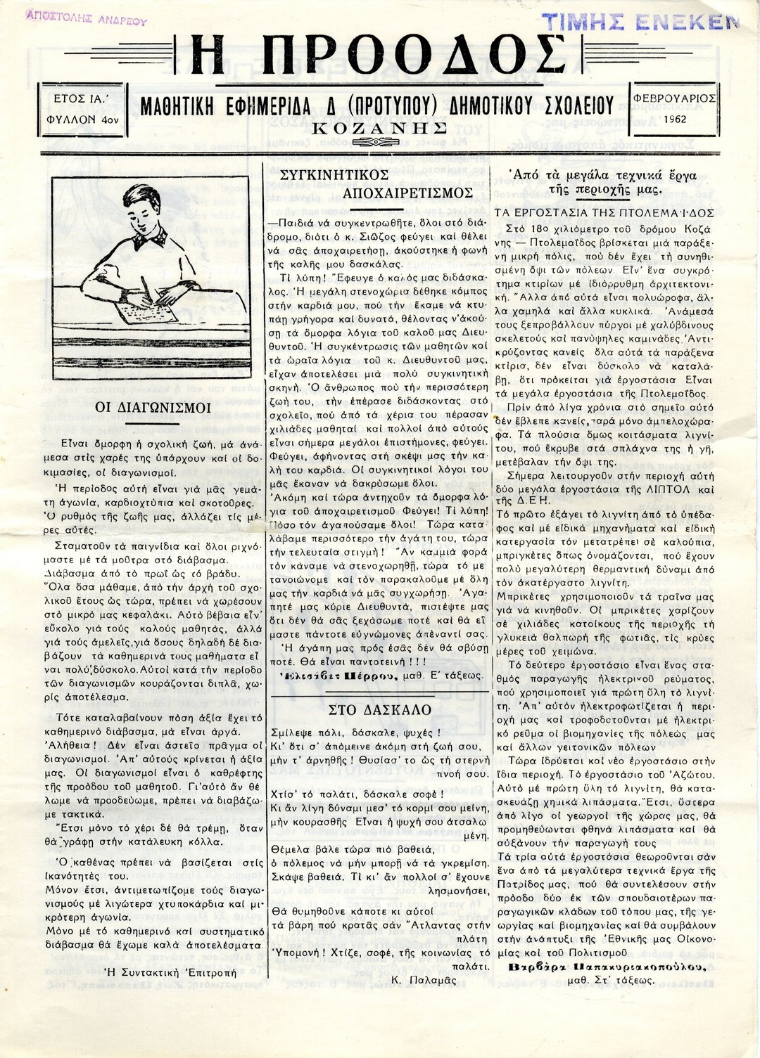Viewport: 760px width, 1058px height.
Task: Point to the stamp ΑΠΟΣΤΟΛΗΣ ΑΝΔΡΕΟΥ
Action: pos(86,18)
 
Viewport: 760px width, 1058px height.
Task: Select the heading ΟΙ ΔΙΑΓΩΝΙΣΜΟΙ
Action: pos(153,407)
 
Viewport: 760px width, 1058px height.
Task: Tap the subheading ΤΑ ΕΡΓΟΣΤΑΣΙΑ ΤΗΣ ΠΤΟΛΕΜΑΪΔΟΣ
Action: pos(604,212)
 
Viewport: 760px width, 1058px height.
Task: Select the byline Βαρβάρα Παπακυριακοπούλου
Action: pos(607,967)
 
